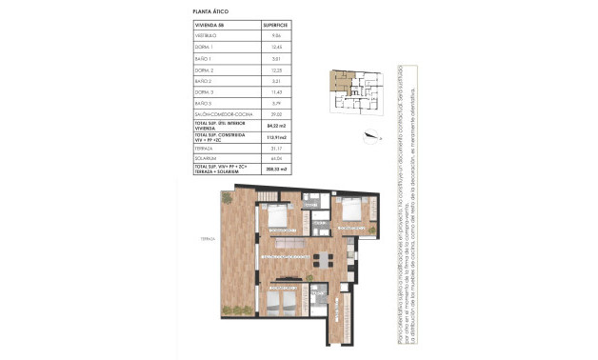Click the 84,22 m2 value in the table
pyautogui.click(x=276, y=125)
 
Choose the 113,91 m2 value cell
pyautogui.click(x=276, y=138)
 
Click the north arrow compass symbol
pyautogui.click(x=368, y=132)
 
